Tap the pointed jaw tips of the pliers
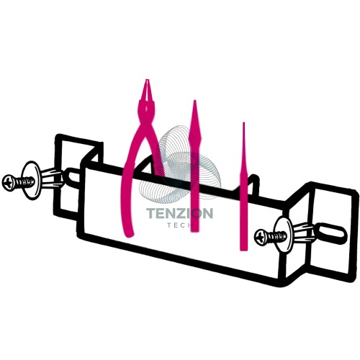pos(147,81)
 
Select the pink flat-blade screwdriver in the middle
pos(194,166)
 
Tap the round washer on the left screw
pos(30,180)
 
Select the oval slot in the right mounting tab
pos(332,231)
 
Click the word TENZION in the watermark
pos(179,213)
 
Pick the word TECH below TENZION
pos(182,225)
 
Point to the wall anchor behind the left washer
pos(53,178)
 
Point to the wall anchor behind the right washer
pos(305,233)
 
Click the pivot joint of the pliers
pos(146,108)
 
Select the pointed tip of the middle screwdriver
pos(194,101)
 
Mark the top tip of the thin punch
pos(243,123)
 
